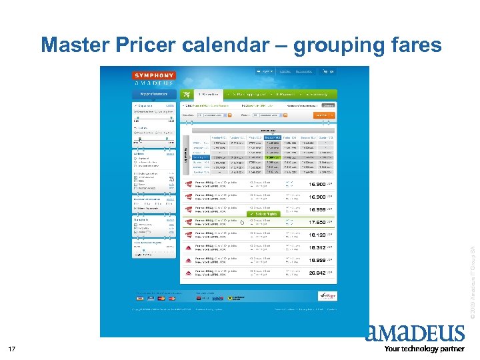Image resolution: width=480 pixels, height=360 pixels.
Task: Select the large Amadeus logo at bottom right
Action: click(x=415, y=333)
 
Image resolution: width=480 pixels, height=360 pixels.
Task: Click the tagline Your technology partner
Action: click(x=424, y=349)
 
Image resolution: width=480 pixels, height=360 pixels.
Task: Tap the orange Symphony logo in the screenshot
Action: click(x=154, y=75)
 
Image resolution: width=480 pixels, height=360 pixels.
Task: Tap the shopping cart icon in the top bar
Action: click(x=325, y=71)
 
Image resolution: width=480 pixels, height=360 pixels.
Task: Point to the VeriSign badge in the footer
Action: click(x=324, y=293)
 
